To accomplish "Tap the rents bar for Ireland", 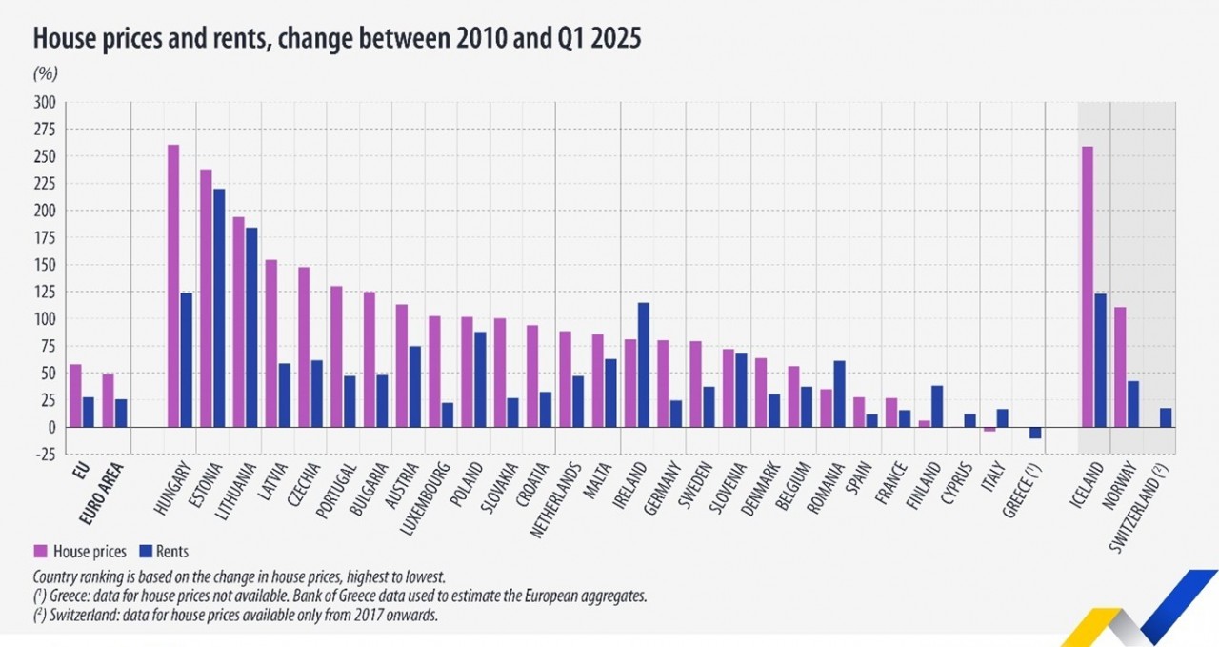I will coord(643,365).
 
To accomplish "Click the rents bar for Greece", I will coord(1033,433).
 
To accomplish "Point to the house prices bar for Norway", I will coord(1120,367).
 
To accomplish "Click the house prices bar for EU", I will coord(75,395).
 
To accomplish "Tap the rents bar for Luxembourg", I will coord(448,414).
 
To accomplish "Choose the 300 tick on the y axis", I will coord(45,102).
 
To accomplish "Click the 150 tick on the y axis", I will coord(45,265).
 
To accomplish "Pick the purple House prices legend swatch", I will coord(41,551).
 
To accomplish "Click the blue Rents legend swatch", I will coord(147,551).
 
